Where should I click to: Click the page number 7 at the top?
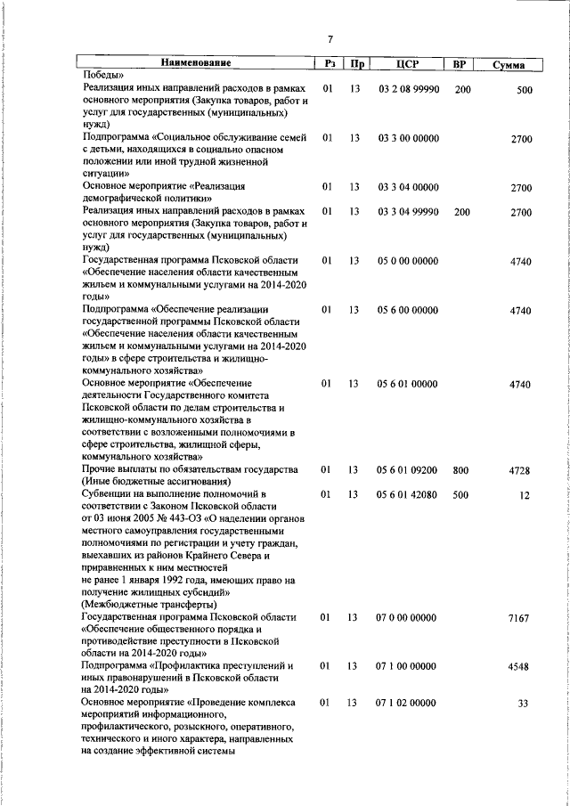[330, 39]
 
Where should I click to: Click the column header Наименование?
[196, 64]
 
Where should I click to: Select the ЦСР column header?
[407, 64]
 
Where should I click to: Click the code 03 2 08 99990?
[408, 89]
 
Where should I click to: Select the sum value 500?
[524, 90]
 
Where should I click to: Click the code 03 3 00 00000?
[408, 139]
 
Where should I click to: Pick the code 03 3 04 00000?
[408, 188]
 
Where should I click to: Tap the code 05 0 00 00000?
[408, 261]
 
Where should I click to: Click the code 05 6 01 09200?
[408, 469]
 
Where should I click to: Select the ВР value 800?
[460, 469]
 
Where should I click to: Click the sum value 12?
[525, 494]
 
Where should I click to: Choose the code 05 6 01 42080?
[408, 493]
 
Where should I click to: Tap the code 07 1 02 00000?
[408, 703]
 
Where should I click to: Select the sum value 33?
[525, 704]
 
